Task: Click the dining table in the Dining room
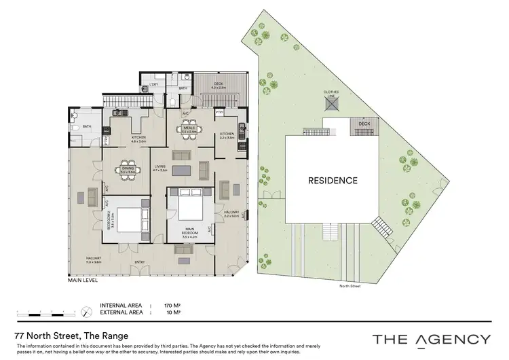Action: coord(127,170)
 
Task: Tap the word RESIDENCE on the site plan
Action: coord(333,181)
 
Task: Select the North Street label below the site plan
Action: coord(350,286)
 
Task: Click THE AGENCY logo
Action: coord(431,339)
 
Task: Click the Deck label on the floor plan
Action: coord(217,84)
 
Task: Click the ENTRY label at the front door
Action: coord(139,262)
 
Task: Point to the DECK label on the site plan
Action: coord(364,124)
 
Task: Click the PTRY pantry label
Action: coord(221,111)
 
